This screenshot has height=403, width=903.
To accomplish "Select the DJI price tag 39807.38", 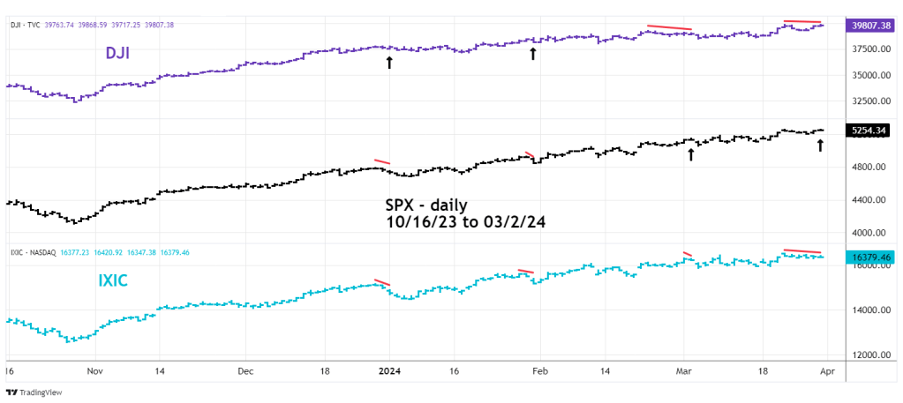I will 868,26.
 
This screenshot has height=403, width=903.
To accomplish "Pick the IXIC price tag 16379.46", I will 868,257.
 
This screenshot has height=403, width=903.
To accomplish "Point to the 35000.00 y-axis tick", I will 865,76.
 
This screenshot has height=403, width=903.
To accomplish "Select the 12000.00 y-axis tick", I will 865,355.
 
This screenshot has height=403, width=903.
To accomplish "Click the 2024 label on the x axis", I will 391,372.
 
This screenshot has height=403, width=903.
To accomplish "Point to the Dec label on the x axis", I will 245,372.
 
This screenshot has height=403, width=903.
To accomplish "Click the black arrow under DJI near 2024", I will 389,63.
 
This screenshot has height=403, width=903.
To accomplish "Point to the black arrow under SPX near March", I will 691,155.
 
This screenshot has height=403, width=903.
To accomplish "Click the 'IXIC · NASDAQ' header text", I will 34,252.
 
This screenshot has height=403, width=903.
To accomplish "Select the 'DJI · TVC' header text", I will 27,25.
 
